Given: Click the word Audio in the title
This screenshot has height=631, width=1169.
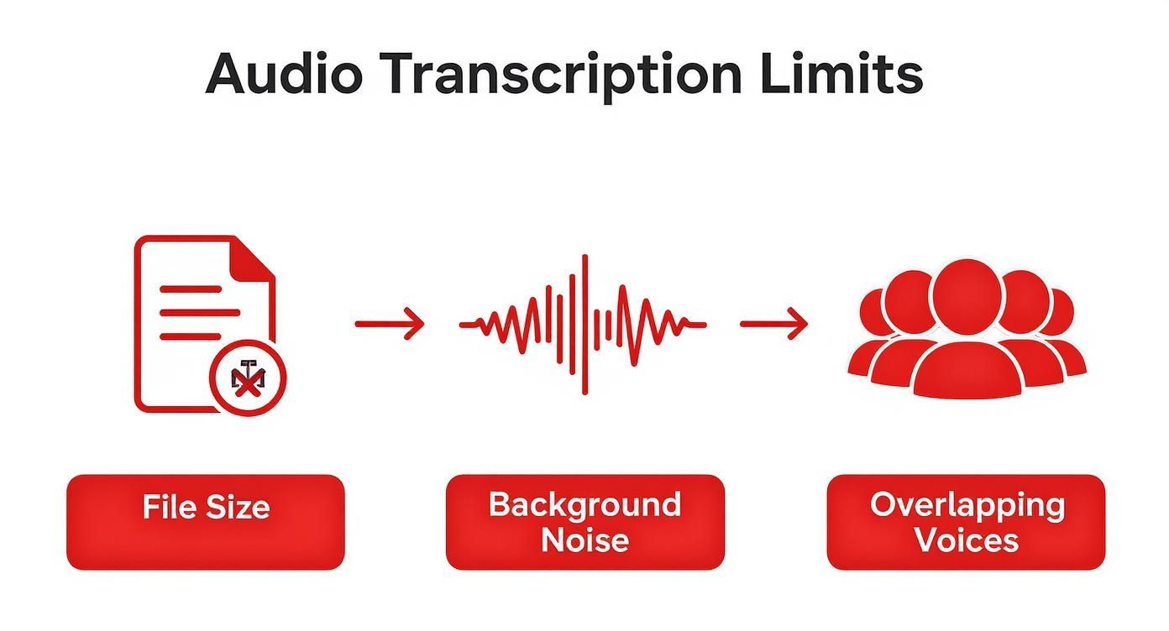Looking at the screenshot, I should point(284,74).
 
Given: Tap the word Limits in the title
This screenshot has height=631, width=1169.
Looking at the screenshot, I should point(841,74).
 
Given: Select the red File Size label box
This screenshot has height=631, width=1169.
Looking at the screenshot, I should point(206,522).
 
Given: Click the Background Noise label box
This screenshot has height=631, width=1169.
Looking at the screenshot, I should point(584,522).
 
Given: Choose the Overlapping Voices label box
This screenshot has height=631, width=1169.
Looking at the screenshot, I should point(966,522).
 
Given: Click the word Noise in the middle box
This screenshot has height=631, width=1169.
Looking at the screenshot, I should point(584,540).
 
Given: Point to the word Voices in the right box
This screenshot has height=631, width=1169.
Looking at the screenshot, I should point(966,540).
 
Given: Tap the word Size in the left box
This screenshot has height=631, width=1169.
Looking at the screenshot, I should point(240,507).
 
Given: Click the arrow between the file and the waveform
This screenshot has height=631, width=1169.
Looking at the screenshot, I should point(390,324).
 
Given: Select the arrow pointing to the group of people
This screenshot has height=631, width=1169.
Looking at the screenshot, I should point(773,324).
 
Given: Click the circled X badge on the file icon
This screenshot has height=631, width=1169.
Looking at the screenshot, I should point(247,379).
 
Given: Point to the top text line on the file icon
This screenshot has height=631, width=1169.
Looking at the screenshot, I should point(191,289).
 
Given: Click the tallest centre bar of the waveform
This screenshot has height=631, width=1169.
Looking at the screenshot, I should point(584,324).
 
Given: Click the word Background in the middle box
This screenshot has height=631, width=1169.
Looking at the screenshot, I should point(584,505).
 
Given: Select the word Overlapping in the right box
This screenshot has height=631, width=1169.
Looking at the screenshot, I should point(967,505).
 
